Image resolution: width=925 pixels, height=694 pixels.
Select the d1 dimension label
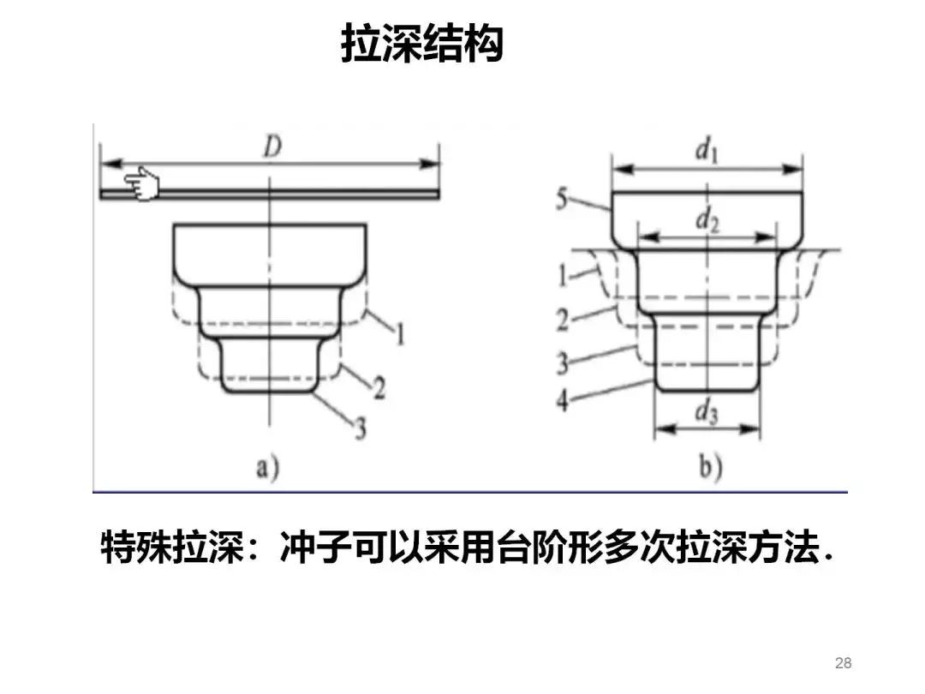706,152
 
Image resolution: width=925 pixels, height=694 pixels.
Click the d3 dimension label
706,414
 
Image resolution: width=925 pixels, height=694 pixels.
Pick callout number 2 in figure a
378,387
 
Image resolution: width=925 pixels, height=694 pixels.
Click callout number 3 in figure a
361,427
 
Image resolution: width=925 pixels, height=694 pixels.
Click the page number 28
843,663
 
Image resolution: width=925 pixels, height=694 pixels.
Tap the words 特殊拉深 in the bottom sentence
178,548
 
